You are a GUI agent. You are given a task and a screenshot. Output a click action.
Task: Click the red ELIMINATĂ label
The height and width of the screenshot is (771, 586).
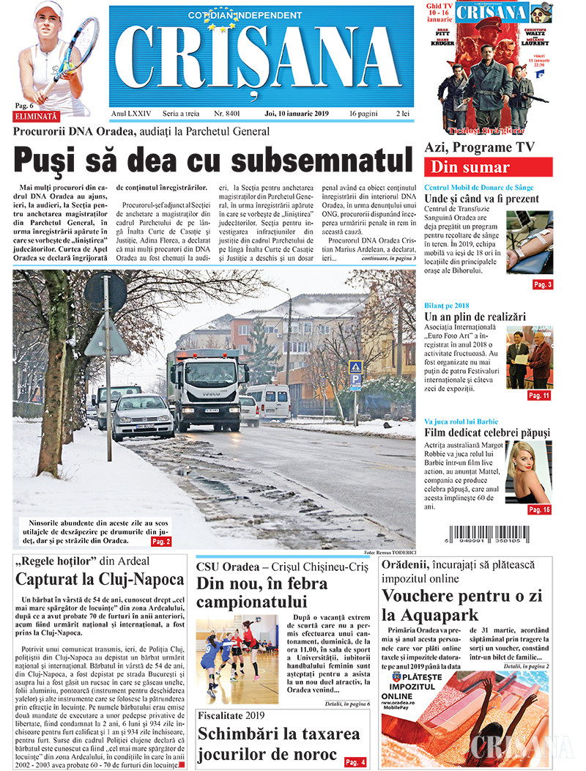(x=36, y=116)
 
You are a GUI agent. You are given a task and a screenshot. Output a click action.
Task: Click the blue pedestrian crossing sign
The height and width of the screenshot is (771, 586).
(x=355, y=367)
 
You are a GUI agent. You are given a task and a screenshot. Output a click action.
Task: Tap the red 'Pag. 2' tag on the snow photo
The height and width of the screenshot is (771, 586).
(x=161, y=541)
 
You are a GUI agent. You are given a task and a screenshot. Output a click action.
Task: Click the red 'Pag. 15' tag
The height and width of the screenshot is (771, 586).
(x=538, y=509)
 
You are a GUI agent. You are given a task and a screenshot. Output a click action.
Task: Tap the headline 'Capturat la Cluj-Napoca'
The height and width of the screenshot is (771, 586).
(x=100, y=580)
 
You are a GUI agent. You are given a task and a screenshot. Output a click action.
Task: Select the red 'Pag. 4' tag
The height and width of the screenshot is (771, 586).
(x=355, y=762)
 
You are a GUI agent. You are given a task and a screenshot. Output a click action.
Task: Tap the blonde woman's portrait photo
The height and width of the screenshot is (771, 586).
(x=528, y=473)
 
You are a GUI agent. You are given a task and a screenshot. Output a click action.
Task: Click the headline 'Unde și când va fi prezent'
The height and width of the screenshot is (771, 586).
(x=481, y=199)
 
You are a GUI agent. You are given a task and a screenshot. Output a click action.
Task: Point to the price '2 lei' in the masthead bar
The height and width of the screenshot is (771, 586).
(x=402, y=114)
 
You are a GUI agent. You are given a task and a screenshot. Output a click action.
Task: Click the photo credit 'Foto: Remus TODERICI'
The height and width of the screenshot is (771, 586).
(x=389, y=552)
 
